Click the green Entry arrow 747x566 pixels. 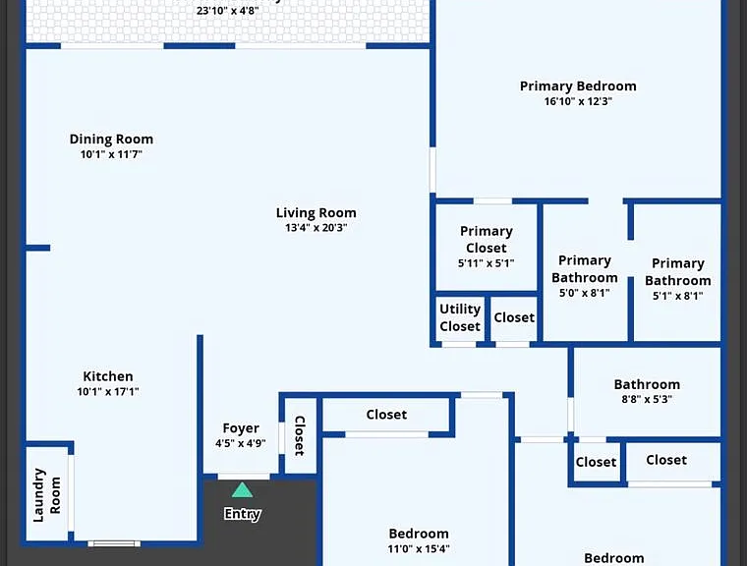(242, 490)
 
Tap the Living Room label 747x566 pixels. (316, 213)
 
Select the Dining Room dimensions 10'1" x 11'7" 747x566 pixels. (111, 154)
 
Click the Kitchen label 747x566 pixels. (108, 376)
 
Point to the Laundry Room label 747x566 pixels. (47, 495)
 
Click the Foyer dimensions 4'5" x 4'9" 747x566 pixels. (241, 443)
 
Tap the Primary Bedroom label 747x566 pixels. (578, 86)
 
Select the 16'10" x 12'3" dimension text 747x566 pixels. (578, 101)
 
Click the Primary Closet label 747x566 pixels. (487, 240)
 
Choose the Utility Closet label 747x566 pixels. (460, 317)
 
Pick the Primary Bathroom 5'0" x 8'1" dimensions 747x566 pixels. (585, 293)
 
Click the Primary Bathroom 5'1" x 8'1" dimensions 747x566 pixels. (678, 296)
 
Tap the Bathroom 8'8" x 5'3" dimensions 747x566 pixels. (647, 399)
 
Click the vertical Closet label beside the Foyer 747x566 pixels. (300, 435)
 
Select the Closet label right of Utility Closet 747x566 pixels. (514, 317)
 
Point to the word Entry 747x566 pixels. (242, 514)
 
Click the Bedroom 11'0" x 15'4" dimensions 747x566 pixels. (419, 549)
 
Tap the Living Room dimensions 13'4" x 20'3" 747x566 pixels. (316, 228)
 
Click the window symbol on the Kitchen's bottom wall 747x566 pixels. (114, 543)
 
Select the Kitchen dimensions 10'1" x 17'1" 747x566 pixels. (108, 392)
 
